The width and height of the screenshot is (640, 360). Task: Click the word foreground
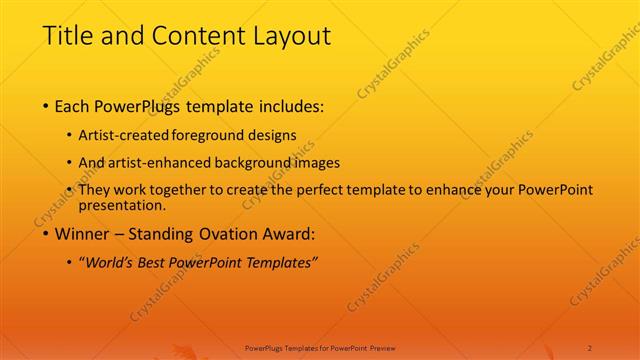point(209,135)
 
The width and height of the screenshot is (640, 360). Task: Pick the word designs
point(274,135)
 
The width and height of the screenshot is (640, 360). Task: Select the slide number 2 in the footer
point(591,346)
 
